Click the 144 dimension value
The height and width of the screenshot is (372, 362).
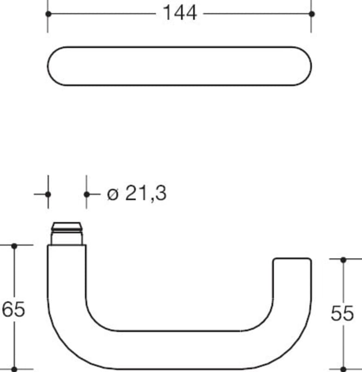point(180,13)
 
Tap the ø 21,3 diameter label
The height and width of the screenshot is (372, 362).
point(137,193)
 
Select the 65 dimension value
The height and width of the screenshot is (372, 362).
point(13,309)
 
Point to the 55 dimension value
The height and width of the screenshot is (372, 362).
point(342,313)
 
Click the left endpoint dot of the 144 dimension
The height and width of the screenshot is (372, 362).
point(48,14)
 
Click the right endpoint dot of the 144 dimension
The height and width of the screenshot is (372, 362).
point(312,14)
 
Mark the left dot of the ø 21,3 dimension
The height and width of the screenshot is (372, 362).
point(48,194)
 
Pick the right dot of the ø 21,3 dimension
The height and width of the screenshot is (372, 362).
point(87,194)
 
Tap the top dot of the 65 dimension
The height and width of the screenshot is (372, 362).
point(14,246)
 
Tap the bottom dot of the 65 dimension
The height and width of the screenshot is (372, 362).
point(14,369)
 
